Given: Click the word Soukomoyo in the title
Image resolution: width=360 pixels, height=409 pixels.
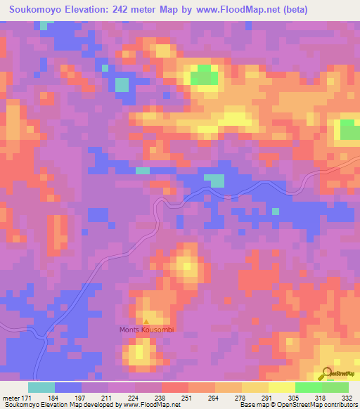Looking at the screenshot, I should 35,11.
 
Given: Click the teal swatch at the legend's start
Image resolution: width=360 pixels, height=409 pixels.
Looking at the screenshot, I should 41,387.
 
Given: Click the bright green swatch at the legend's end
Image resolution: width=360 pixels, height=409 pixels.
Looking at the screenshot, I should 335,387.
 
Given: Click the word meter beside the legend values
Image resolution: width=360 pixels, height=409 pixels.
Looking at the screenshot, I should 10,398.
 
